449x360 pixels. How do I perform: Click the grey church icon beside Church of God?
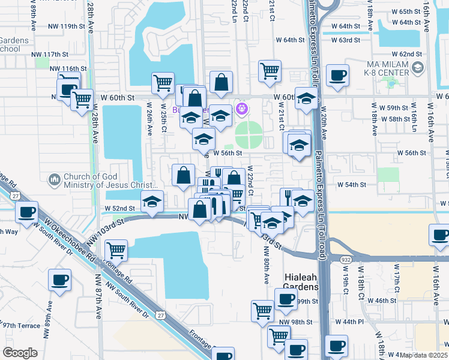54,179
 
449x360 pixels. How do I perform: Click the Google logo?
20,353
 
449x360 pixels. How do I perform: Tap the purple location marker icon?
243,109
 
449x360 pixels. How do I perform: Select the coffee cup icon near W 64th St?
337,76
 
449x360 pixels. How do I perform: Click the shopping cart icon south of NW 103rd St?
115,250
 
